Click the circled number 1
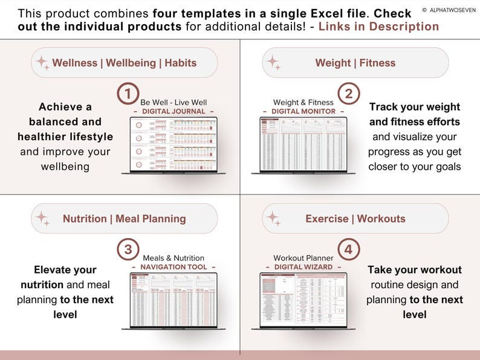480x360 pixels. click(x=127, y=94)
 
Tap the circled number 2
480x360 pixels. click(x=348, y=94)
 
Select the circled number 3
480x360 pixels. click(x=127, y=249)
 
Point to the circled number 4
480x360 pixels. click(x=348, y=249)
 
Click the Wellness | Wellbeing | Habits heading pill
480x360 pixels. click(x=124, y=63)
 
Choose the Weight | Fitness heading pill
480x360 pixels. click(x=355, y=63)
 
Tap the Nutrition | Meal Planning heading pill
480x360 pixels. click(x=124, y=219)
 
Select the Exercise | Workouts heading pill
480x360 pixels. click(x=355, y=219)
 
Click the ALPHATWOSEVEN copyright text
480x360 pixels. click(x=450, y=10)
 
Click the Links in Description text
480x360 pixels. click(x=378, y=27)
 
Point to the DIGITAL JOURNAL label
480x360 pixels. click(x=173, y=111)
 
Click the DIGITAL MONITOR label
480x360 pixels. click(x=303, y=111)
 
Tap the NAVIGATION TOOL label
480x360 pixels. click(x=173, y=267)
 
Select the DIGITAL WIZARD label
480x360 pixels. click(x=303, y=267)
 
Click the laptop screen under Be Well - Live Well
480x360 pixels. click(x=174, y=144)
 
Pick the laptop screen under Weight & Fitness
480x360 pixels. click(x=303, y=144)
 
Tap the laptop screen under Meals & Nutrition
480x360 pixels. click(x=174, y=300)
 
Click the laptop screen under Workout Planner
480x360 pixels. click(x=303, y=300)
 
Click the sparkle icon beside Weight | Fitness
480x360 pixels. click(x=273, y=63)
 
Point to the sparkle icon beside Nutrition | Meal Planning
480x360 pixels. click(x=42, y=219)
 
